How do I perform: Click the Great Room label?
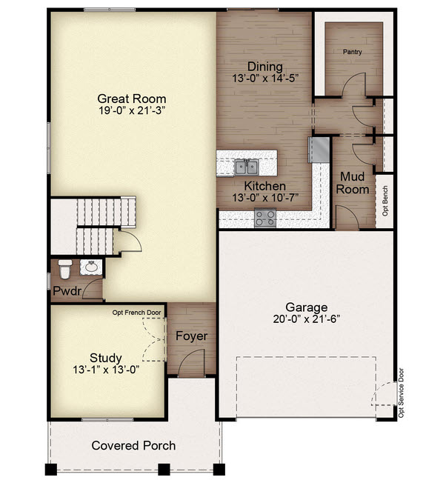point(132,99)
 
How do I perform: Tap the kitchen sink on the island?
point(246,167)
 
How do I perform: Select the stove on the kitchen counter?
point(265,218)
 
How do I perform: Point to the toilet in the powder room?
point(65,269)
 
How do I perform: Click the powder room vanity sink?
point(91,267)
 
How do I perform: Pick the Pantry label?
point(352,52)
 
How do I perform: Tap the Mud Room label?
point(353,183)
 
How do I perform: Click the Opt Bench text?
point(385,201)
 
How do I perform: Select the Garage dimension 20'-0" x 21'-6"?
point(307,319)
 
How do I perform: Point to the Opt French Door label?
point(136,313)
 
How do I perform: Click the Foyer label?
point(191,336)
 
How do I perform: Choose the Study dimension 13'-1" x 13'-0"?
point(106,370)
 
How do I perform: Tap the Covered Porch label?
point(133,445)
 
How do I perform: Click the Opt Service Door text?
point(401,393)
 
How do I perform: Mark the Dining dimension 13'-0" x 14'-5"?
point(265,78)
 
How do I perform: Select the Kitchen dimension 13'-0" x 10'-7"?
point(265,198)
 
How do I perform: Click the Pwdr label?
point(67,291)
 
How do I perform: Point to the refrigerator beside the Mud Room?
point(319,150)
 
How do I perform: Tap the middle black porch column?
point(164,470)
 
